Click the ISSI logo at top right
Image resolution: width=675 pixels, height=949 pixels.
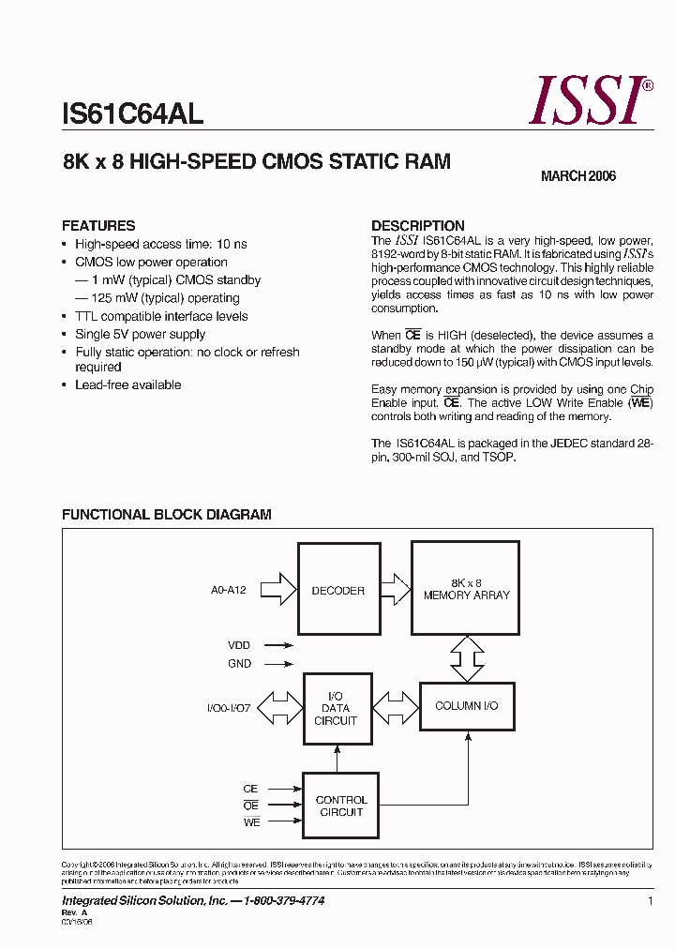point(589,101)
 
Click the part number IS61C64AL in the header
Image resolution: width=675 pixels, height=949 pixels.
point(132,114)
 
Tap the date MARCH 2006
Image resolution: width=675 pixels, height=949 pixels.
point(578,176)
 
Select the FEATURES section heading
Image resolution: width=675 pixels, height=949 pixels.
point(98,226)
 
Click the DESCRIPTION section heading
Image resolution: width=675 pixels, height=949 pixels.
point(418,226)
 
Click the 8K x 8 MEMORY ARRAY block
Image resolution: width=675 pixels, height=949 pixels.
point(466,588)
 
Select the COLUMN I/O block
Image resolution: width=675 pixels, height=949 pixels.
point(466,705)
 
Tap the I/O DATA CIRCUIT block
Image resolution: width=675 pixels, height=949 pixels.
point(336,708)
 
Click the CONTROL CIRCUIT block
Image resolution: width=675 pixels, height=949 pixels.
point(341,806)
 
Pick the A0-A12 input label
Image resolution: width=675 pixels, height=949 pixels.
point(229,590)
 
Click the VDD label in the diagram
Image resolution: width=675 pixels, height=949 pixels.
point(239,645)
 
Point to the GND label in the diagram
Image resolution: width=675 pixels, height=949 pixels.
point(239,664)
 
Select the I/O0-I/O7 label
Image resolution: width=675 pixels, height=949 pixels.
point(229,708)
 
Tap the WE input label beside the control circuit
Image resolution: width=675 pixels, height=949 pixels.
point(250,822)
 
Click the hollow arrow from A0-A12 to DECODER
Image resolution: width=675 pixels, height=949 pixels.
point(277,589)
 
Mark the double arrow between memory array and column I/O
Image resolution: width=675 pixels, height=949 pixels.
point(466,657)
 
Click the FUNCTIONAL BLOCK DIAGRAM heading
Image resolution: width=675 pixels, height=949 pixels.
point(166,515)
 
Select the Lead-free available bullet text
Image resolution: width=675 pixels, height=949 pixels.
point(128,385)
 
